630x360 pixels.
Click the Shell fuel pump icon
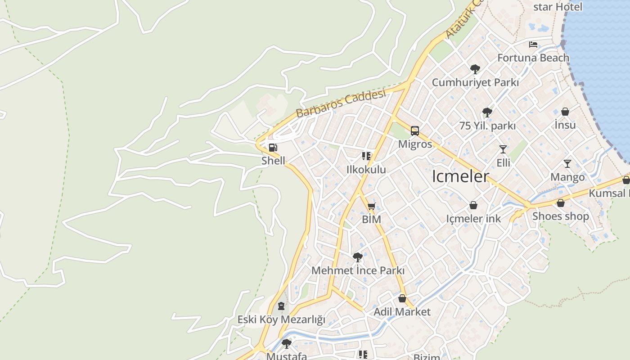pos(272,148)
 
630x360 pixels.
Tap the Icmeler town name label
pos(460,176)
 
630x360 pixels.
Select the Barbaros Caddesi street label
pos(341,103)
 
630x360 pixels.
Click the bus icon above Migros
pos(415,131)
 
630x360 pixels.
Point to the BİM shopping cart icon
pos(371,207)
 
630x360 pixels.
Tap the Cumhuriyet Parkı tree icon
pos(475,69)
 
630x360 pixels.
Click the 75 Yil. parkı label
pos(487,126)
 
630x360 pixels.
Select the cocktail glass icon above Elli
pos(503,149)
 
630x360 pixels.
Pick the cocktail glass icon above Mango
pos(567,164)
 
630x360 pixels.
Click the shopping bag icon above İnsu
pos(565,112)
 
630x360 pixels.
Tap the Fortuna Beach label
pos(533,58)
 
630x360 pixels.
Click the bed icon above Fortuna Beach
pos(533,45)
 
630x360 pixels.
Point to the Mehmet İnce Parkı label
pos(358,271)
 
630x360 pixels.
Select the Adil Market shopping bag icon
pos(402,298)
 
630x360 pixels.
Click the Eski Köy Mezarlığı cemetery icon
pos(281,306)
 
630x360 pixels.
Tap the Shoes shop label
pos(560,216)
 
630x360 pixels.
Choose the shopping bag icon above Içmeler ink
pos(473,205)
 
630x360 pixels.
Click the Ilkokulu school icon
pos(366,157)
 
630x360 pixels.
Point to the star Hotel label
pos(558,7)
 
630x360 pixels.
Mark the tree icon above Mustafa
pos(286,344)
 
